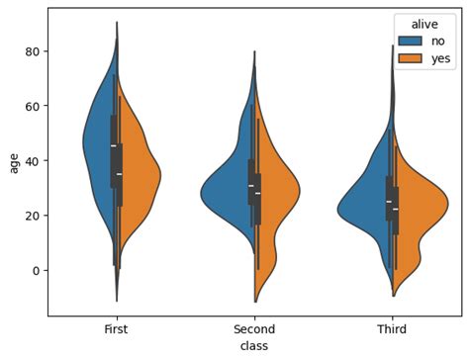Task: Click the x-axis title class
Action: (254, 346)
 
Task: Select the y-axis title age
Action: (13, 161)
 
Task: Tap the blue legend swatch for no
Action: (410, 41)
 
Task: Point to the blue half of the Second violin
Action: (233, 193)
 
